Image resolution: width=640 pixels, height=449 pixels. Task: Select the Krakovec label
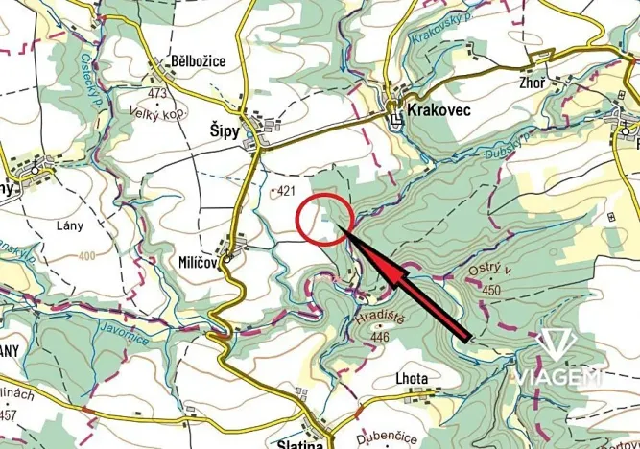click(437, 112)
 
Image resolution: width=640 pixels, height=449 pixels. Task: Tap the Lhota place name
click(412, 378)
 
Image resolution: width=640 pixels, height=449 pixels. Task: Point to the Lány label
click(70, 226)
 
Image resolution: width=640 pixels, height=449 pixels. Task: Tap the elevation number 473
click(159, 92)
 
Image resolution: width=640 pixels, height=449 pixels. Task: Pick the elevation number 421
click(284, 192)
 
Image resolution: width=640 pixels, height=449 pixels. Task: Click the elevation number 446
click(383, 337)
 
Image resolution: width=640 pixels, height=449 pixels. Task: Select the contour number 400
click(88, 256)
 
